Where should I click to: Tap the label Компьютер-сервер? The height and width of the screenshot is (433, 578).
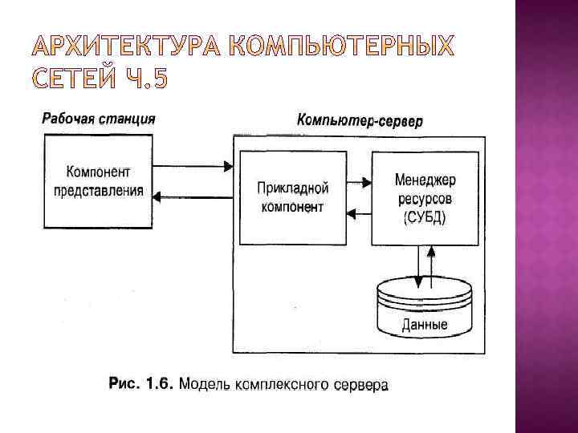360,121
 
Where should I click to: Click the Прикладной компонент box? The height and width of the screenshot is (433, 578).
293,197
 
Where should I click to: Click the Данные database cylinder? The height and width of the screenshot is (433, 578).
424,309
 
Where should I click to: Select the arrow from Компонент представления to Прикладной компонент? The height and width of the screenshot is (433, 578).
193,167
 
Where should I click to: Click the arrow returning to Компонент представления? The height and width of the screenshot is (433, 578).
193,196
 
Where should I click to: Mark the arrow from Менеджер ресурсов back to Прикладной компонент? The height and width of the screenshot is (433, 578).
358,212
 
